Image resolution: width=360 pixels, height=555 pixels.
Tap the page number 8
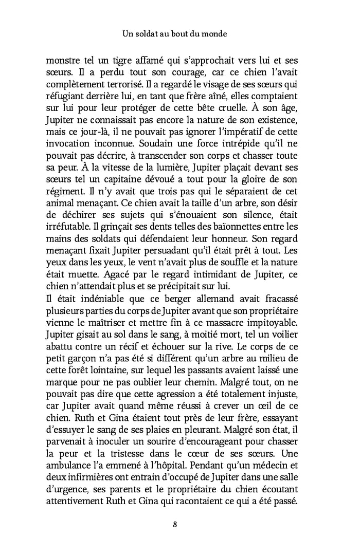tap(175, 524)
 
